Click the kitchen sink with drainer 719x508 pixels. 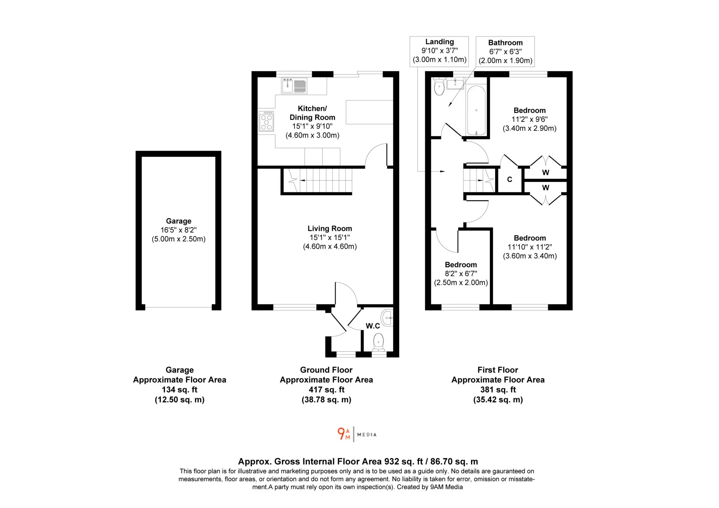click(294, 86)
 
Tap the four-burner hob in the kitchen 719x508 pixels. click(266, 121)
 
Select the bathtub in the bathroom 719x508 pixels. click(476, 110)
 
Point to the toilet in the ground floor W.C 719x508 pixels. click(378, 342)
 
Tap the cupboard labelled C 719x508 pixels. click(510, 180)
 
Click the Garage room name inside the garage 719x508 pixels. click(179, 221)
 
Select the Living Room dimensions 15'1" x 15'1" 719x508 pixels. click(330, 238)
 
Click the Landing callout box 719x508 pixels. click(439, 51)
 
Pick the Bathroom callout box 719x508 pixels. click(505, 52)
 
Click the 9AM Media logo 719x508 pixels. click(357, 434)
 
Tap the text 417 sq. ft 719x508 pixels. click(326, 390)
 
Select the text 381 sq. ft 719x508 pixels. click(498, 390)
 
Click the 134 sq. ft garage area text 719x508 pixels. click(179, 390)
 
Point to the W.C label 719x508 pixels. click(373, 326)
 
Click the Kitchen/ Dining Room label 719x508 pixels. click(312, 113)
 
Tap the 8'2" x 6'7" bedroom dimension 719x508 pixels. click(461, 274)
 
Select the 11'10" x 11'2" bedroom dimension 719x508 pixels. click(530, 247)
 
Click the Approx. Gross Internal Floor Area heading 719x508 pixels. click(358, 461)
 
